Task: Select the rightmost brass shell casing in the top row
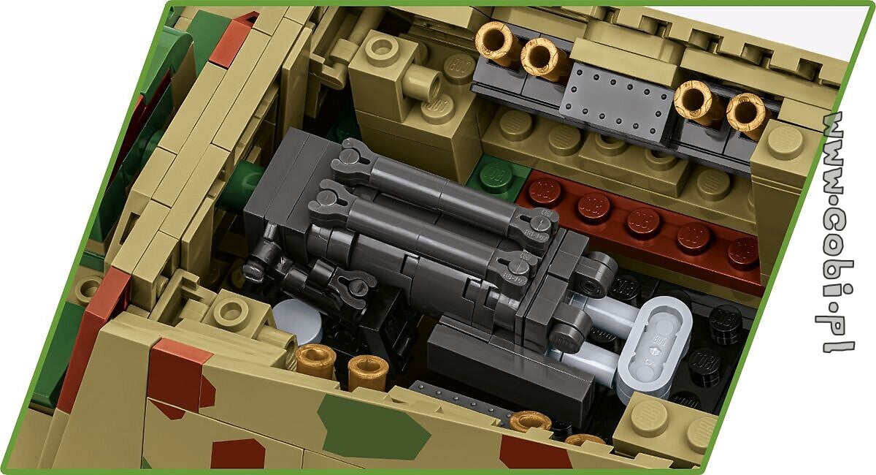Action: click(x=747, y=115)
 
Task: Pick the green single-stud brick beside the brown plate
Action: click(x=496, y=177)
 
